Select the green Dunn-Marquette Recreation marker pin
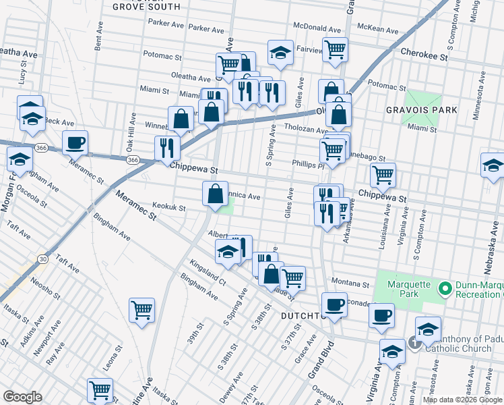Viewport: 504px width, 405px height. point(445,290)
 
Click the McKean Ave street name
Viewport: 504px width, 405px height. point(377,28)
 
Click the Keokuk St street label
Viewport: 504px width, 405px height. point(168,208)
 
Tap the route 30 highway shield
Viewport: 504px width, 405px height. point(43,259)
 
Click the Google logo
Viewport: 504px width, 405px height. point(22,397)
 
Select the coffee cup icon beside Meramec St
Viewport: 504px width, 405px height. point(75,142)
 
